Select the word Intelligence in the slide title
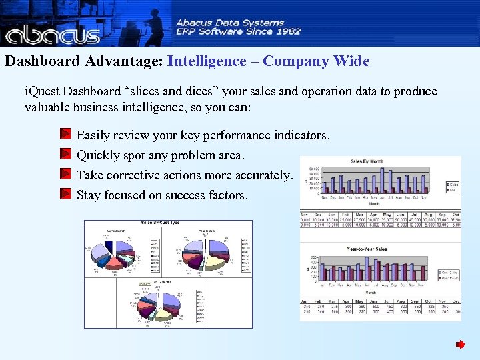click(207, 61)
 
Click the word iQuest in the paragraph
click(43, 91)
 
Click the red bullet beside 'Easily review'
click(65, 135)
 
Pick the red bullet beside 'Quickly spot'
click(65, 155)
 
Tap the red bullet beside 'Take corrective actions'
click(65, 175)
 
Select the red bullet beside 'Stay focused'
click(65, 195)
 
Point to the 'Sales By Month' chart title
click(366, 161)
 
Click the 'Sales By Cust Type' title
click(159, 223)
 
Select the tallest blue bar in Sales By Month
click(382, 179)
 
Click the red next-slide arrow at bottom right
click(460, 345)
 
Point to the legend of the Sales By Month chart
click(453, 187)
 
